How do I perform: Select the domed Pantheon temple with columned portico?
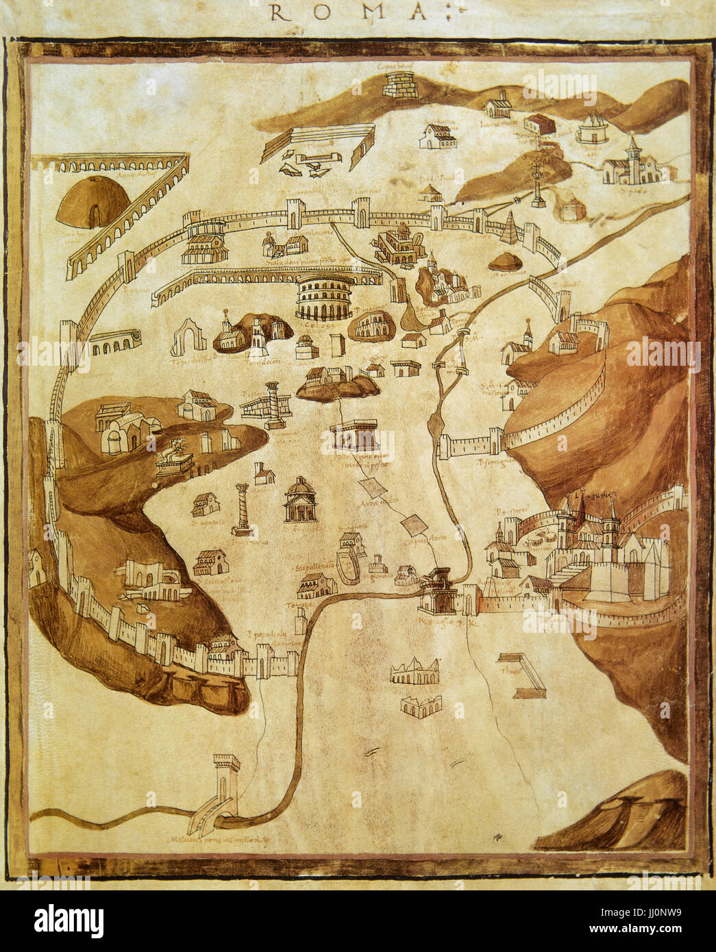301,502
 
